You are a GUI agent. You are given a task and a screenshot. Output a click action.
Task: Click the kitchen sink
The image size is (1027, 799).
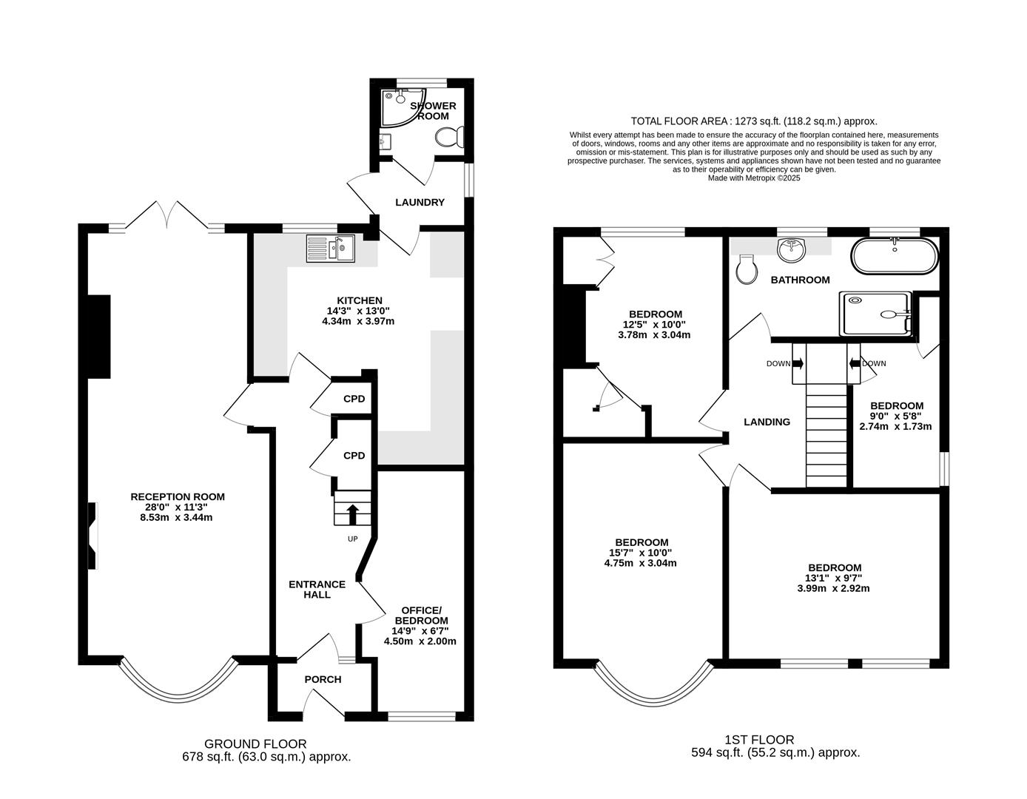tap(330, 249)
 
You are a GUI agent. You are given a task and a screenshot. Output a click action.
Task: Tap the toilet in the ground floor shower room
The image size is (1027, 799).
tap(449, 137)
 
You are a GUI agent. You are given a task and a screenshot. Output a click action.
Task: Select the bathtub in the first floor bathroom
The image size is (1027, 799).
tap(895, 256)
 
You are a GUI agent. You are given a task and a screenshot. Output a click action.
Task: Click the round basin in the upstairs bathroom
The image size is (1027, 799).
tap(791, 250)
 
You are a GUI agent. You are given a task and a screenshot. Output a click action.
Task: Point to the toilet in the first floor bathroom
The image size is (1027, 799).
tap(747, 269)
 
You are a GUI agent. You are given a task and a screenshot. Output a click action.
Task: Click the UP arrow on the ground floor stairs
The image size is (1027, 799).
tap(353, 514)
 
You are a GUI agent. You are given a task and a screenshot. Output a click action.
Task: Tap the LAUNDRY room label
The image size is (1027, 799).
tap(420, 202)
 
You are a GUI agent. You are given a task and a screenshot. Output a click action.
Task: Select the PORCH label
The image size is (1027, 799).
tap(323, 679)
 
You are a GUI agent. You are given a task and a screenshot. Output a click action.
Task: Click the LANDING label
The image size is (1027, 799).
tap(767, 422)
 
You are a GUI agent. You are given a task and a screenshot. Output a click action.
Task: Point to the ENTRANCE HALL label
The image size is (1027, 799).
tap(317, 589)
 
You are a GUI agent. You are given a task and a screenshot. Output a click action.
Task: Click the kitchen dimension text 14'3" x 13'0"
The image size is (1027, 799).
tap(358, 311)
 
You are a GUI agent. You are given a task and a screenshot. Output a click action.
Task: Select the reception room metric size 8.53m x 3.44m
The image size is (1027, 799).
tap(176, 517)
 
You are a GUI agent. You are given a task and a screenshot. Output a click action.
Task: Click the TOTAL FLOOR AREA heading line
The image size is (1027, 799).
tap(754, 121)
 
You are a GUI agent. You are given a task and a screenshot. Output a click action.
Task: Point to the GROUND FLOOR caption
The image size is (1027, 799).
tap(255, 744)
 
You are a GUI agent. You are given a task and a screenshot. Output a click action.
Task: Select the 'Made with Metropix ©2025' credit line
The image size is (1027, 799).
tap(754, 178)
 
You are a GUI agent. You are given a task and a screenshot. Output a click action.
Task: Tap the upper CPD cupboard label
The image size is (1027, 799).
tap(354, 399)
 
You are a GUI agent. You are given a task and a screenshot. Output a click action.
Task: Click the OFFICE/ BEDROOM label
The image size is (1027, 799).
tap(421, 616)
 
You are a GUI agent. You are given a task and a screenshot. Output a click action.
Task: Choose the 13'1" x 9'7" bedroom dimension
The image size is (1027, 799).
tap(833, 578)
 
